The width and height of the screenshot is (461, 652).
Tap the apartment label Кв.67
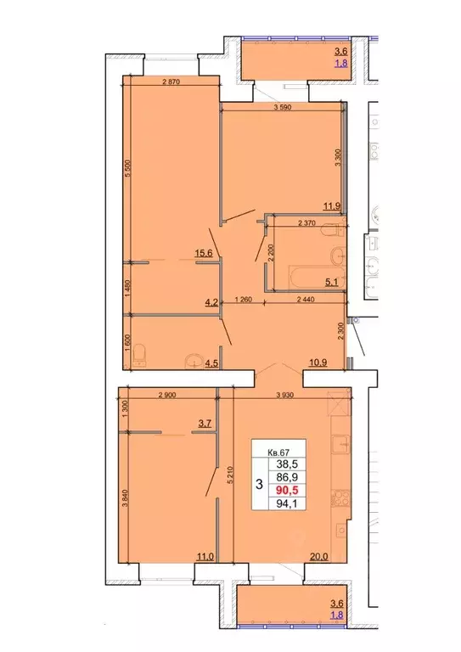277,452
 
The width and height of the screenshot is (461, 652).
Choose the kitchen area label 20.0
316,557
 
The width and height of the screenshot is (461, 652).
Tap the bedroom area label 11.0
204,557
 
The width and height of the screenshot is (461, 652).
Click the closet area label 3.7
204,422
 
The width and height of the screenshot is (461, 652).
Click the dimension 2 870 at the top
173,81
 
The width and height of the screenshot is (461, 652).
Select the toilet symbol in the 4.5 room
142,352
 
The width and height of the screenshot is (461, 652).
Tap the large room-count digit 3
258,485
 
